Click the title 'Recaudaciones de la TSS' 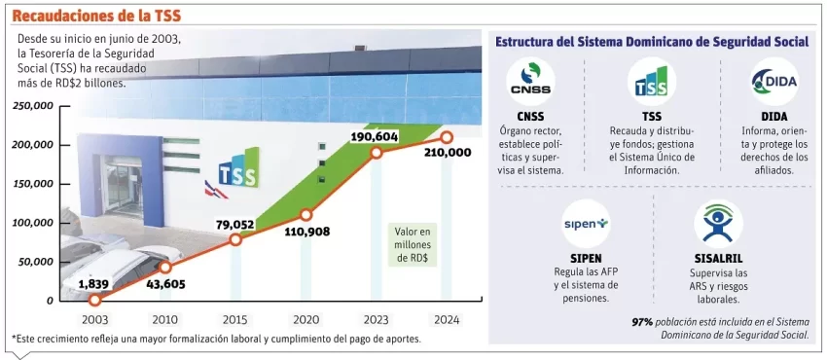point(96,16)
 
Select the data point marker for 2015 point(235,239)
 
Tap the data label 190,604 point(375,137)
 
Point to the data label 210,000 point(448,153)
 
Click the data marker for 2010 point(165,267)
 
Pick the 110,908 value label point(306,233)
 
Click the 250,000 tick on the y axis point(34,106)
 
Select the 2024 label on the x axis point(447,319)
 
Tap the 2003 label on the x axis point(94,319)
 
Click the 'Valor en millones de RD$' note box point(413,245)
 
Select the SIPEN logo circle point(586,224)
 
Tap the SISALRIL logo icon point(717,224)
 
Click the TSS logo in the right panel point(651,81)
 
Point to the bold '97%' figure point(641,321)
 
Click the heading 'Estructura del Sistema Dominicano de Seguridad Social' point(652,42)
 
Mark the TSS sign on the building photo point(237,172)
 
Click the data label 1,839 point(94,283)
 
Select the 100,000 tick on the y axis point(34,223)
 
